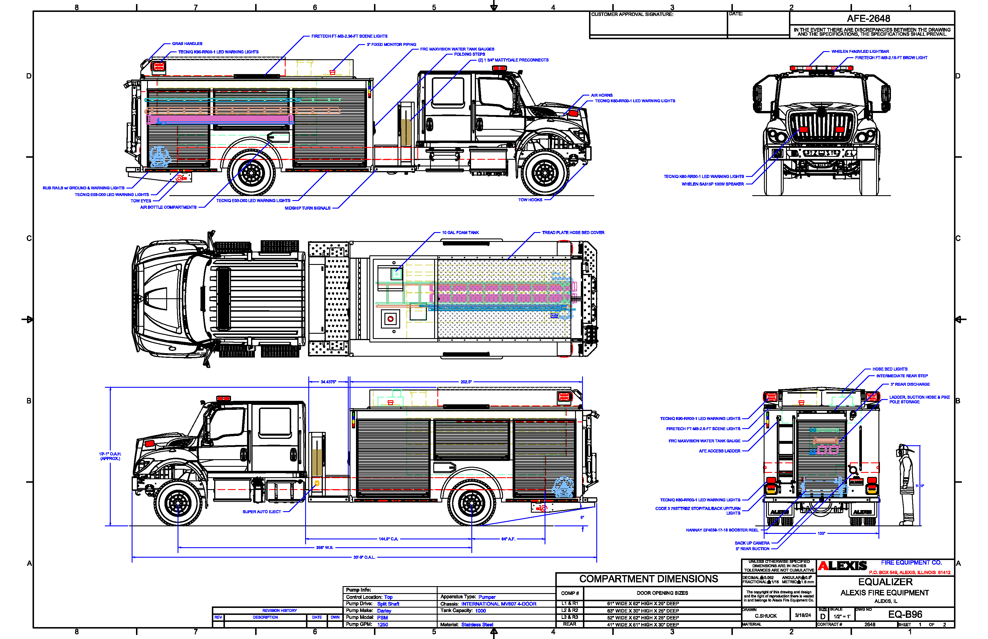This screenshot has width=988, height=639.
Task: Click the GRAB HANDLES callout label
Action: (x=187, y=44)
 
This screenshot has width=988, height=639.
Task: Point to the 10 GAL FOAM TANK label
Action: (x=460, y=233)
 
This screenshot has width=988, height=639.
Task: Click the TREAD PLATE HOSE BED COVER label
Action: (x=572, y=233)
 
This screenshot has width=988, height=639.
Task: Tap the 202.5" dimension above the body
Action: (x=466, y=382)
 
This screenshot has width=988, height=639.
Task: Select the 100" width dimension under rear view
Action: (x=821, y=534)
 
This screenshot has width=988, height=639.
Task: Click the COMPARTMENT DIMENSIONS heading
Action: (x=648, y=579)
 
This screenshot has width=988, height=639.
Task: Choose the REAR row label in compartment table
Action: (x=569, y=624)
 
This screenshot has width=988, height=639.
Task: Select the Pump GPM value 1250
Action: (x=382, y=624)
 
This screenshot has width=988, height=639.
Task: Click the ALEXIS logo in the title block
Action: (x=842, y=566)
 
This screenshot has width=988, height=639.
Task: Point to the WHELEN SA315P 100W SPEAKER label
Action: (x=712, y=184)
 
